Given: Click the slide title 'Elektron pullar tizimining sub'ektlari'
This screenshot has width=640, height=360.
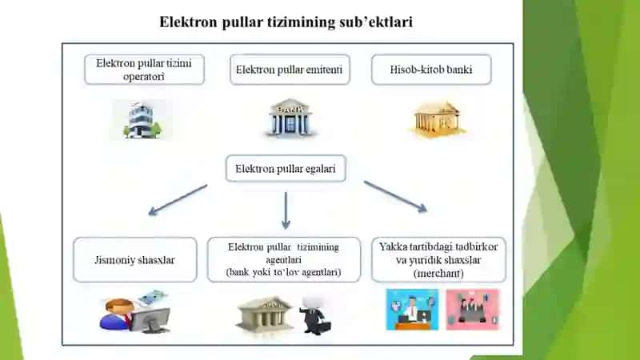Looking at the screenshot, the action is (286, 22).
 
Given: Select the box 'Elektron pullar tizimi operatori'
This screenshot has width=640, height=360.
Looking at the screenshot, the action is (144, 70).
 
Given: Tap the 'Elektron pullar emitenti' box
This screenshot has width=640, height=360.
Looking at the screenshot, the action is (290, 70).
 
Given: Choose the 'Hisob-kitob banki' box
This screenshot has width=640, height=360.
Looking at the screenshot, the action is (431, 70).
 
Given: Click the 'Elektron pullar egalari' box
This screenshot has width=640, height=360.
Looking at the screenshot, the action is (286, 169).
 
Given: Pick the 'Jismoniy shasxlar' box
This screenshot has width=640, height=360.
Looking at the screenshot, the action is (134, 260).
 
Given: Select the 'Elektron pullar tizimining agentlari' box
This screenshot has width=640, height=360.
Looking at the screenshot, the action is (284, 260).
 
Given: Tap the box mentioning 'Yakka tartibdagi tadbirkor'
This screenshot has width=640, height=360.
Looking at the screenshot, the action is (438, 260).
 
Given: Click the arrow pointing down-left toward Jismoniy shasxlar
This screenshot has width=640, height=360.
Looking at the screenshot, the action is (178, 200).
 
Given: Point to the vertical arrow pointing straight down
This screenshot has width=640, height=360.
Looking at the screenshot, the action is (286, 210).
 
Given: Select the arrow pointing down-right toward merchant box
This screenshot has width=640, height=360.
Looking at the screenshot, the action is (395, 197).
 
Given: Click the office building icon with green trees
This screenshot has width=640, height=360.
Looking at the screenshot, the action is (142, 120).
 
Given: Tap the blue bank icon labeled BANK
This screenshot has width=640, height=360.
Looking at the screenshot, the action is (290, 118).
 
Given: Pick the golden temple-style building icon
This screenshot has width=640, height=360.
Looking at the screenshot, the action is (437, 119).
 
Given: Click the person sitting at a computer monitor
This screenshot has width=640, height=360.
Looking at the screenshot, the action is (134, 312).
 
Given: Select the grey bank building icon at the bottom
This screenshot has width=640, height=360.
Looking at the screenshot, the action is (265, 314).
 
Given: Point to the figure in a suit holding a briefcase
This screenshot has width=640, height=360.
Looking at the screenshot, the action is (315, 315).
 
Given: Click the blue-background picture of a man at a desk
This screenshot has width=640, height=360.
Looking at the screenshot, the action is (412, 310).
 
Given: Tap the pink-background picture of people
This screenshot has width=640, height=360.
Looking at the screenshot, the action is (472, 310).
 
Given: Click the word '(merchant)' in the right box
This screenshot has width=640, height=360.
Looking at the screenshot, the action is (438, 273).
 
